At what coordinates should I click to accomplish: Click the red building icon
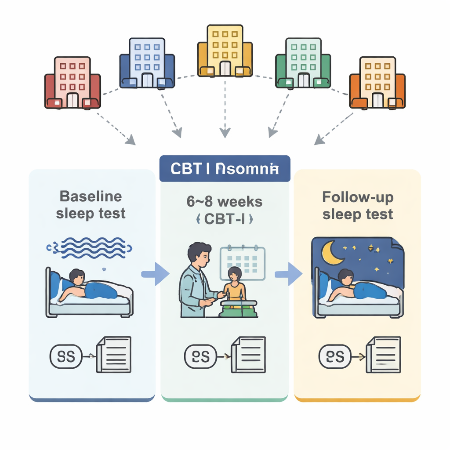tap(73, 83)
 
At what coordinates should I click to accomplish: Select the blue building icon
tap(147, 62)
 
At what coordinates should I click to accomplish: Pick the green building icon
tap(303, 62)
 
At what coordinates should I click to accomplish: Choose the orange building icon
tap(377, 83)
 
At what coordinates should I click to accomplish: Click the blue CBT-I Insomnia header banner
tap(225, 168)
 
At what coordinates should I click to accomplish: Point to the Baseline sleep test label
tap(91, 205)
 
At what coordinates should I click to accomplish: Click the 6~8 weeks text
tap(225, 202)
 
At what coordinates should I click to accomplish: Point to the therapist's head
tap(198, 254)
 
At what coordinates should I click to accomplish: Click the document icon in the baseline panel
tap(114, 354)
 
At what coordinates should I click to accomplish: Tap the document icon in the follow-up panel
tap(384, 354)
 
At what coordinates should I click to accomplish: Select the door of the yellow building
tap(225, 68)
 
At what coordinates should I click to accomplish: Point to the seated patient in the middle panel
tap(234, 286)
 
